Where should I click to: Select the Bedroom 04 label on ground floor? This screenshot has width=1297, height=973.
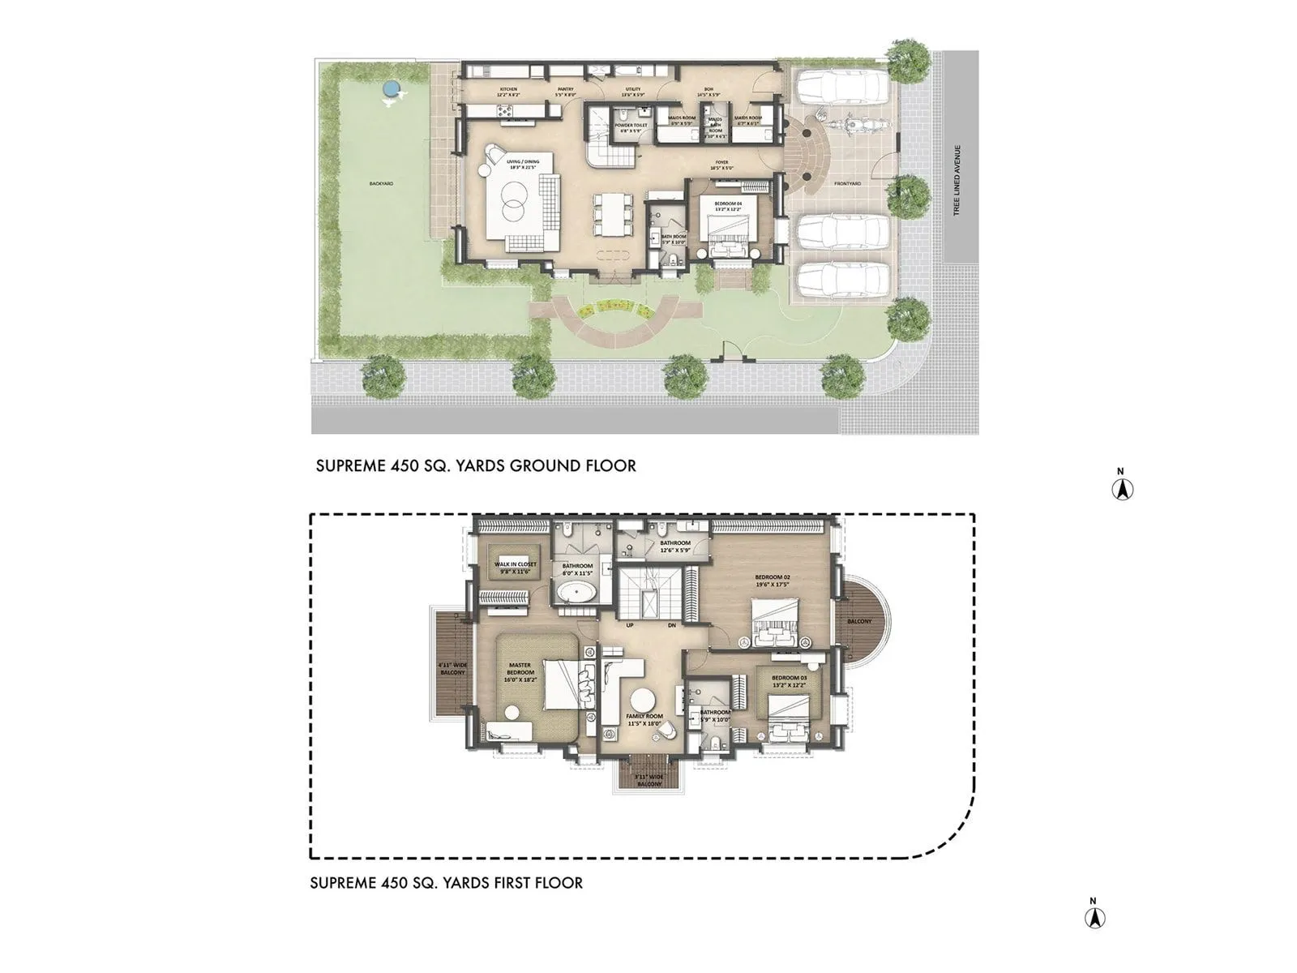pyautogui.click(x=728, y=205)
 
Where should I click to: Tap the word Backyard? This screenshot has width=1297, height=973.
pyautogui.click(x=381, y=184)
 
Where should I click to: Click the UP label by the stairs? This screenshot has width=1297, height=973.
pyautogui.click(x=629, y=625)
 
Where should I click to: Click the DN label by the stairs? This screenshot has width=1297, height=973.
pyautogui.click(x=671, y=625)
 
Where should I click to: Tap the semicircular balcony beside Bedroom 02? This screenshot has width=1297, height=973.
pyautogui.click(x=863, y=621)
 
